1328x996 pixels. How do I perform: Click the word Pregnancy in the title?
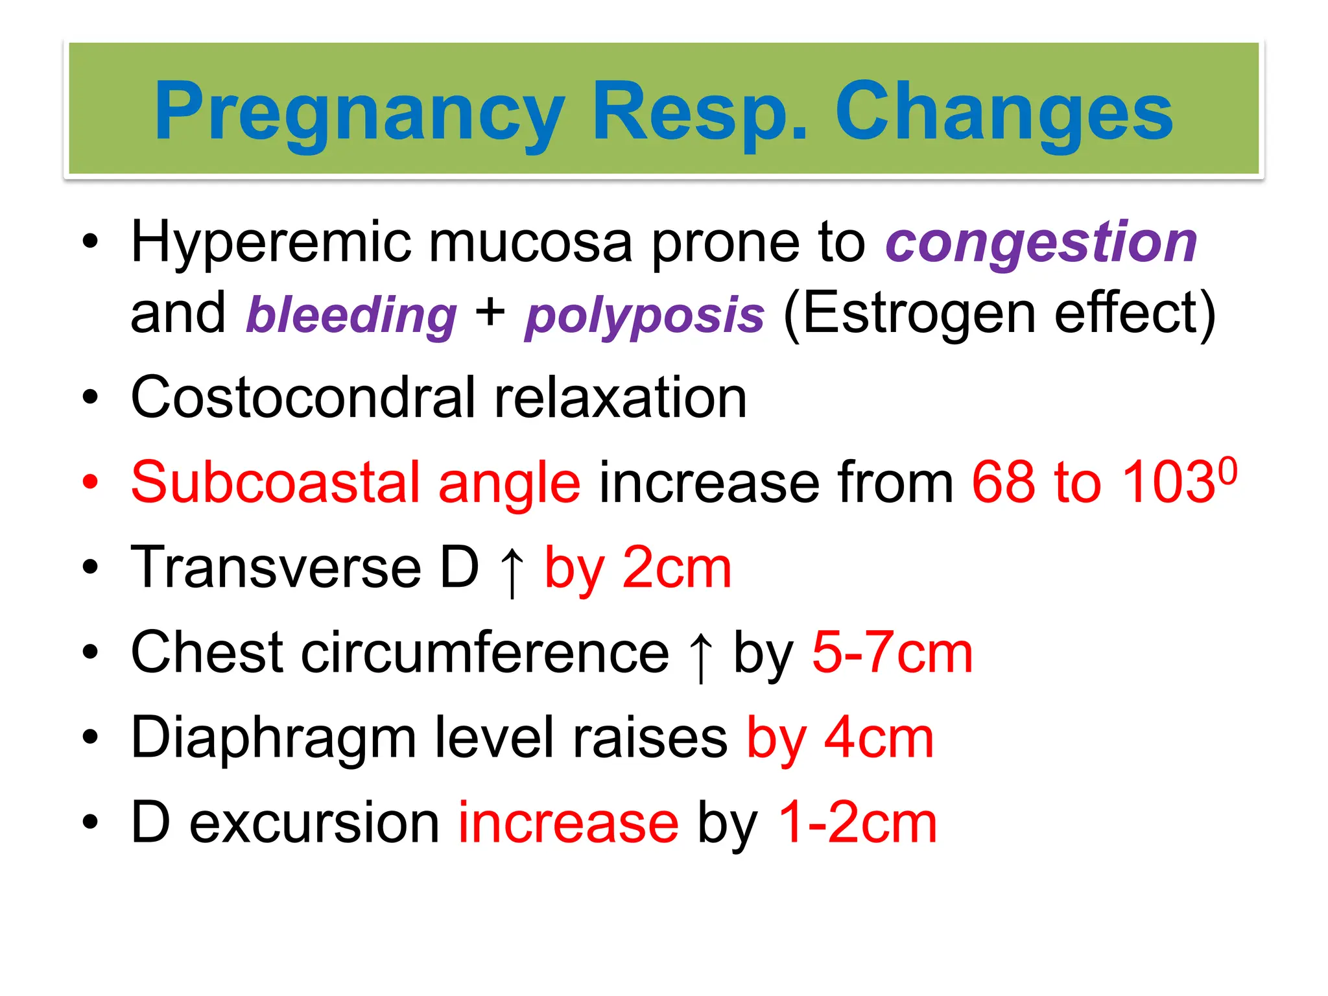359,112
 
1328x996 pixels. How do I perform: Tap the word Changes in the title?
1003,112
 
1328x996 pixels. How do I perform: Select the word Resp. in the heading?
700,112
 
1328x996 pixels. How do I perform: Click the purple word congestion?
1041,243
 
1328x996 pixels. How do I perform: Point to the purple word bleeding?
351,315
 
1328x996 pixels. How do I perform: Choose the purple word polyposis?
645,315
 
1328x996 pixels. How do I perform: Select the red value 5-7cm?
892,653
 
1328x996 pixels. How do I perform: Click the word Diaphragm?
273,738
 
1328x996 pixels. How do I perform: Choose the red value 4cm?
879,738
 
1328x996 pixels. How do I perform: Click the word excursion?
314,823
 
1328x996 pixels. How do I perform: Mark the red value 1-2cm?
857,823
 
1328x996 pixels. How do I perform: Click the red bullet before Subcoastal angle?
90,482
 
